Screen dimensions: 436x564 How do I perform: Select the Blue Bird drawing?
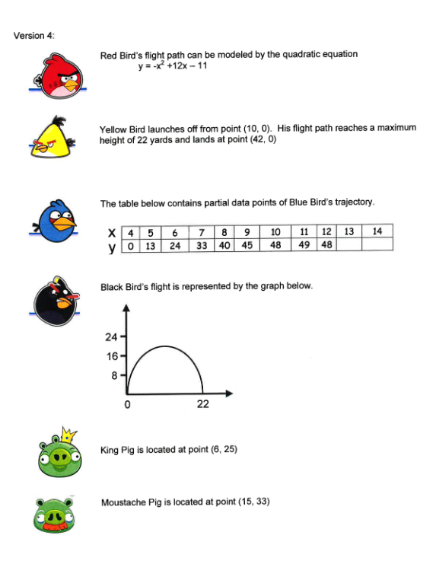(58, 221)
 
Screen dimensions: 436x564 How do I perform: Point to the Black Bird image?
(56, 302)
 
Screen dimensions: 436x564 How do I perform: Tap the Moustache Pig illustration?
(57, 515)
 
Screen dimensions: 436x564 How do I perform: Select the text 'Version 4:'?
(33, 36)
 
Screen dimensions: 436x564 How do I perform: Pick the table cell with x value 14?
(377, 231)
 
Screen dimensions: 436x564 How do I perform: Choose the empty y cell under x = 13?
(348, 245)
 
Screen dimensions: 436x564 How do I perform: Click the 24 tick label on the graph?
(111, 337)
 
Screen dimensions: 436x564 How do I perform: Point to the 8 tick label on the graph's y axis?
(115, 375)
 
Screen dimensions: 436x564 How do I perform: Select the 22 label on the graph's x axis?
(202, 404)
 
